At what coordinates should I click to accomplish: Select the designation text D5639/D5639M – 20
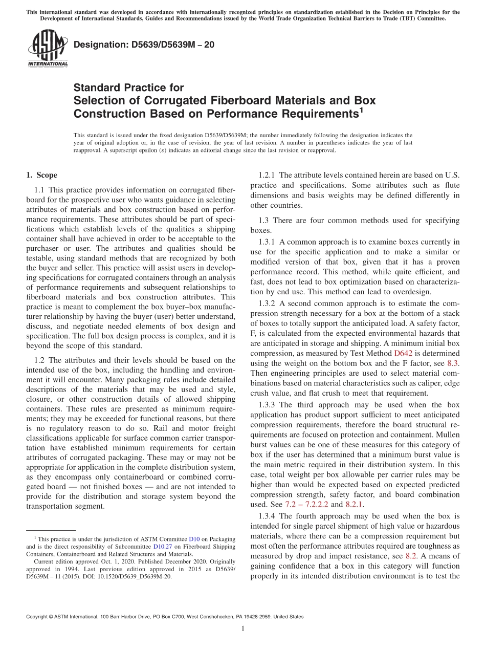point(144,45)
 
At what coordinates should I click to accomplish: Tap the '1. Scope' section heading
point(41,175)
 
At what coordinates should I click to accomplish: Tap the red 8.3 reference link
point(453,363)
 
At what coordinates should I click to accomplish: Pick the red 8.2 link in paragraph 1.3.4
point(411,555)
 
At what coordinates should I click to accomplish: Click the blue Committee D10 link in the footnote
point(194,539)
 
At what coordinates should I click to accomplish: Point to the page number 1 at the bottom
point(243,628)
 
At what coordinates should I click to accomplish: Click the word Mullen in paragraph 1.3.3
point(447,435)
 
